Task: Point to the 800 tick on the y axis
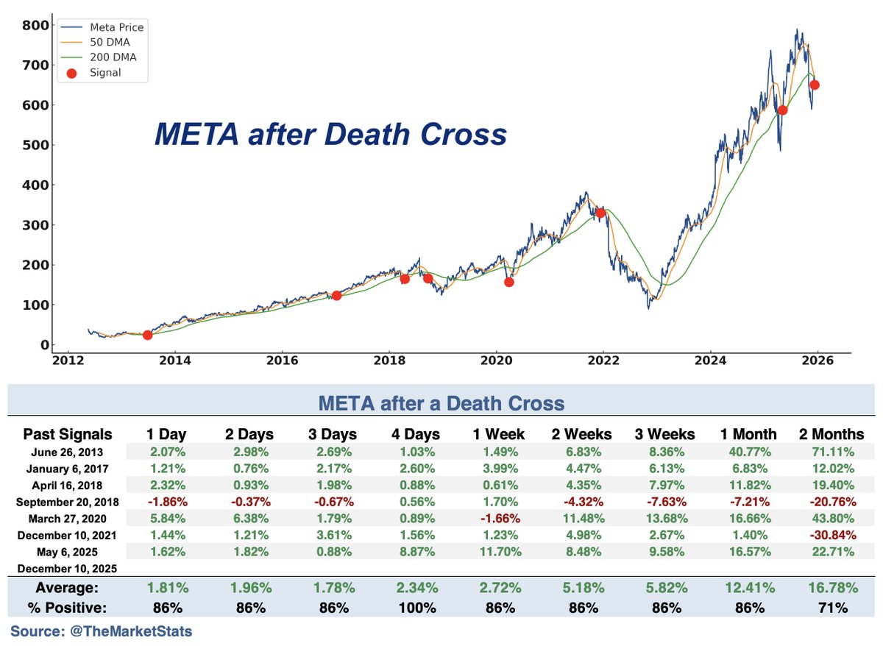[35, 26]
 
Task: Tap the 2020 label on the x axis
[495, 361]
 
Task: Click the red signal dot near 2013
[147, 335]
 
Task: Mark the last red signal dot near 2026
[815, 85]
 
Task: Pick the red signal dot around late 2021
[600, 213]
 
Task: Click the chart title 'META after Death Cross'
[330, 135]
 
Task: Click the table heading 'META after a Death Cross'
[441, 403]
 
